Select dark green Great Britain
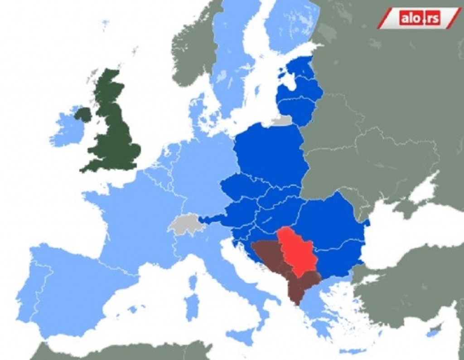pos(113,131)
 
